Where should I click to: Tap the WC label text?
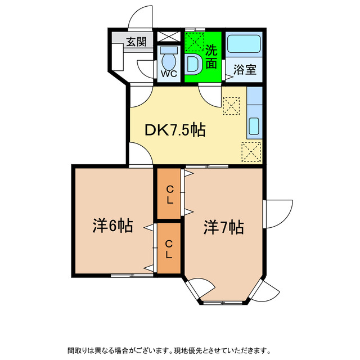(169, 73)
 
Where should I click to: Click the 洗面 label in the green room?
(211, 56)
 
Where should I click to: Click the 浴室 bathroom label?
(245, 70)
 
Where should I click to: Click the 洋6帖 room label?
(112, 226)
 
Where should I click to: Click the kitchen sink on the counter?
(253, 128)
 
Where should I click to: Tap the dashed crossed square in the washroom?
(195, 41)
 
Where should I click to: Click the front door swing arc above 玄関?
(141, 17)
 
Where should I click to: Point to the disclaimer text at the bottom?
(169, 350)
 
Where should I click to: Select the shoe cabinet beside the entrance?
(118, 58)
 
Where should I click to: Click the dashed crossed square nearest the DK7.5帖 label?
(231, 105)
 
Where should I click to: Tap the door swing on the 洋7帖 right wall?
(279, 211)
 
